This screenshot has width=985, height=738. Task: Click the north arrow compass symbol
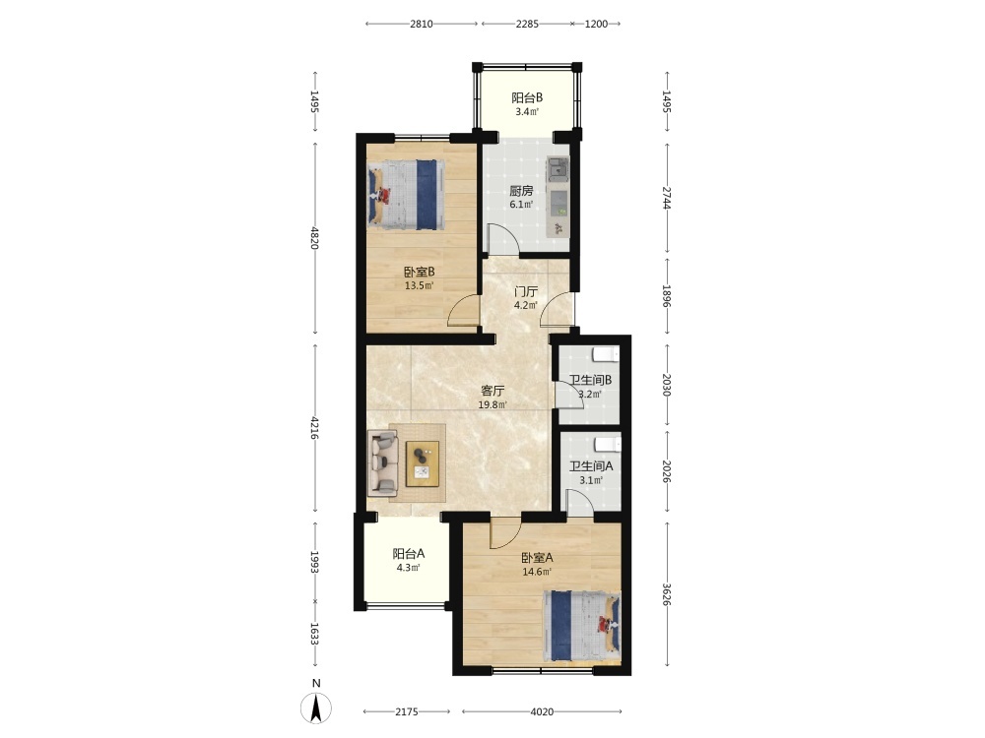[x=316, y=709]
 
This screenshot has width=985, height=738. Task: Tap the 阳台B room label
[x=527, y=97]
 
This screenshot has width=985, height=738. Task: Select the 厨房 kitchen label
[x=521, y=191]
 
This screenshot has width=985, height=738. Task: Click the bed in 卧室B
[x=407, y=195]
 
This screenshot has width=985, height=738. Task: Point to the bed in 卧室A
[x=582, y=626]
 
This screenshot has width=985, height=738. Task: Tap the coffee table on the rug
[x=423, y=463]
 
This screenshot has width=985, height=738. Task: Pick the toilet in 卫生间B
[x=606, y=355]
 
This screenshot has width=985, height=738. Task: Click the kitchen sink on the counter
[x=558, y=169]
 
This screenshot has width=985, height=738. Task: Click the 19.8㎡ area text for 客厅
[x=492, y=404]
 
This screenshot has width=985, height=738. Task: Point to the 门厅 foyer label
[x=526, y=292]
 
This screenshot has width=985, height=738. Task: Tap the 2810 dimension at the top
[x=422, y=24]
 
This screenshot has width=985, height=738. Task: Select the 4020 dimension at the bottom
[x=542, y=711]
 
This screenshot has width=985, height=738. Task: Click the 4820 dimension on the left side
[x=315, y=238]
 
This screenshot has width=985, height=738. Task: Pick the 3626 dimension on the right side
[x=667, y=595]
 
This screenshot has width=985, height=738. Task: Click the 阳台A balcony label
[x=409, y=553]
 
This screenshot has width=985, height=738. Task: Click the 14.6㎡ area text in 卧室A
[x=537, y=572]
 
